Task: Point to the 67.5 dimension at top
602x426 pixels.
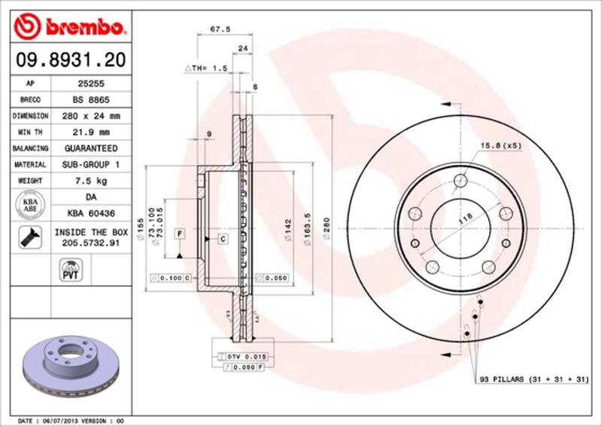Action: [219, 30]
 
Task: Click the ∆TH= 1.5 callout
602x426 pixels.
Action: [205, 68]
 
